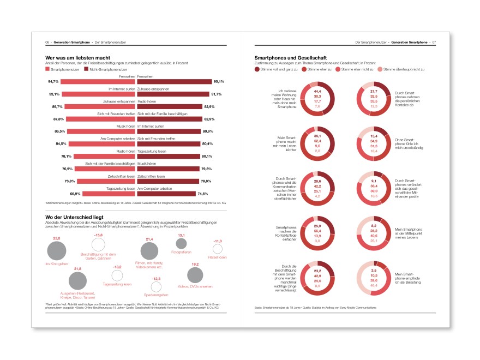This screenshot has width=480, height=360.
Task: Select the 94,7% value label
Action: (x=53, y=81)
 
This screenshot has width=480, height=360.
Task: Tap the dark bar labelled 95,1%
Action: (x=173, y=81)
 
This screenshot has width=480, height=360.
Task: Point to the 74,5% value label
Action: (x=203, y=194)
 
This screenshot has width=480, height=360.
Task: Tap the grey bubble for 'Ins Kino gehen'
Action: (x=57, y=251)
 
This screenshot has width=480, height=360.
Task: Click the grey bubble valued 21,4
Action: (x=149, y=251)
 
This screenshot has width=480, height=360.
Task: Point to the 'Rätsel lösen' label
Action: (x=218, y=257)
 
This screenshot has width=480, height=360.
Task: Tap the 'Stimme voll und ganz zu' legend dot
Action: (x=257, y=69)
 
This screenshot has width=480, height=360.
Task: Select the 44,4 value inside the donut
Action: (x=317, y=91)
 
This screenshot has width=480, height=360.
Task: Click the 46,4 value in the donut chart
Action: (x=374, y=285)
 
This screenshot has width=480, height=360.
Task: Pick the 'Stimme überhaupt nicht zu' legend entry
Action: (x=403, y=69)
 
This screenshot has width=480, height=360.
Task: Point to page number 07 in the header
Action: (x=434, y=42)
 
